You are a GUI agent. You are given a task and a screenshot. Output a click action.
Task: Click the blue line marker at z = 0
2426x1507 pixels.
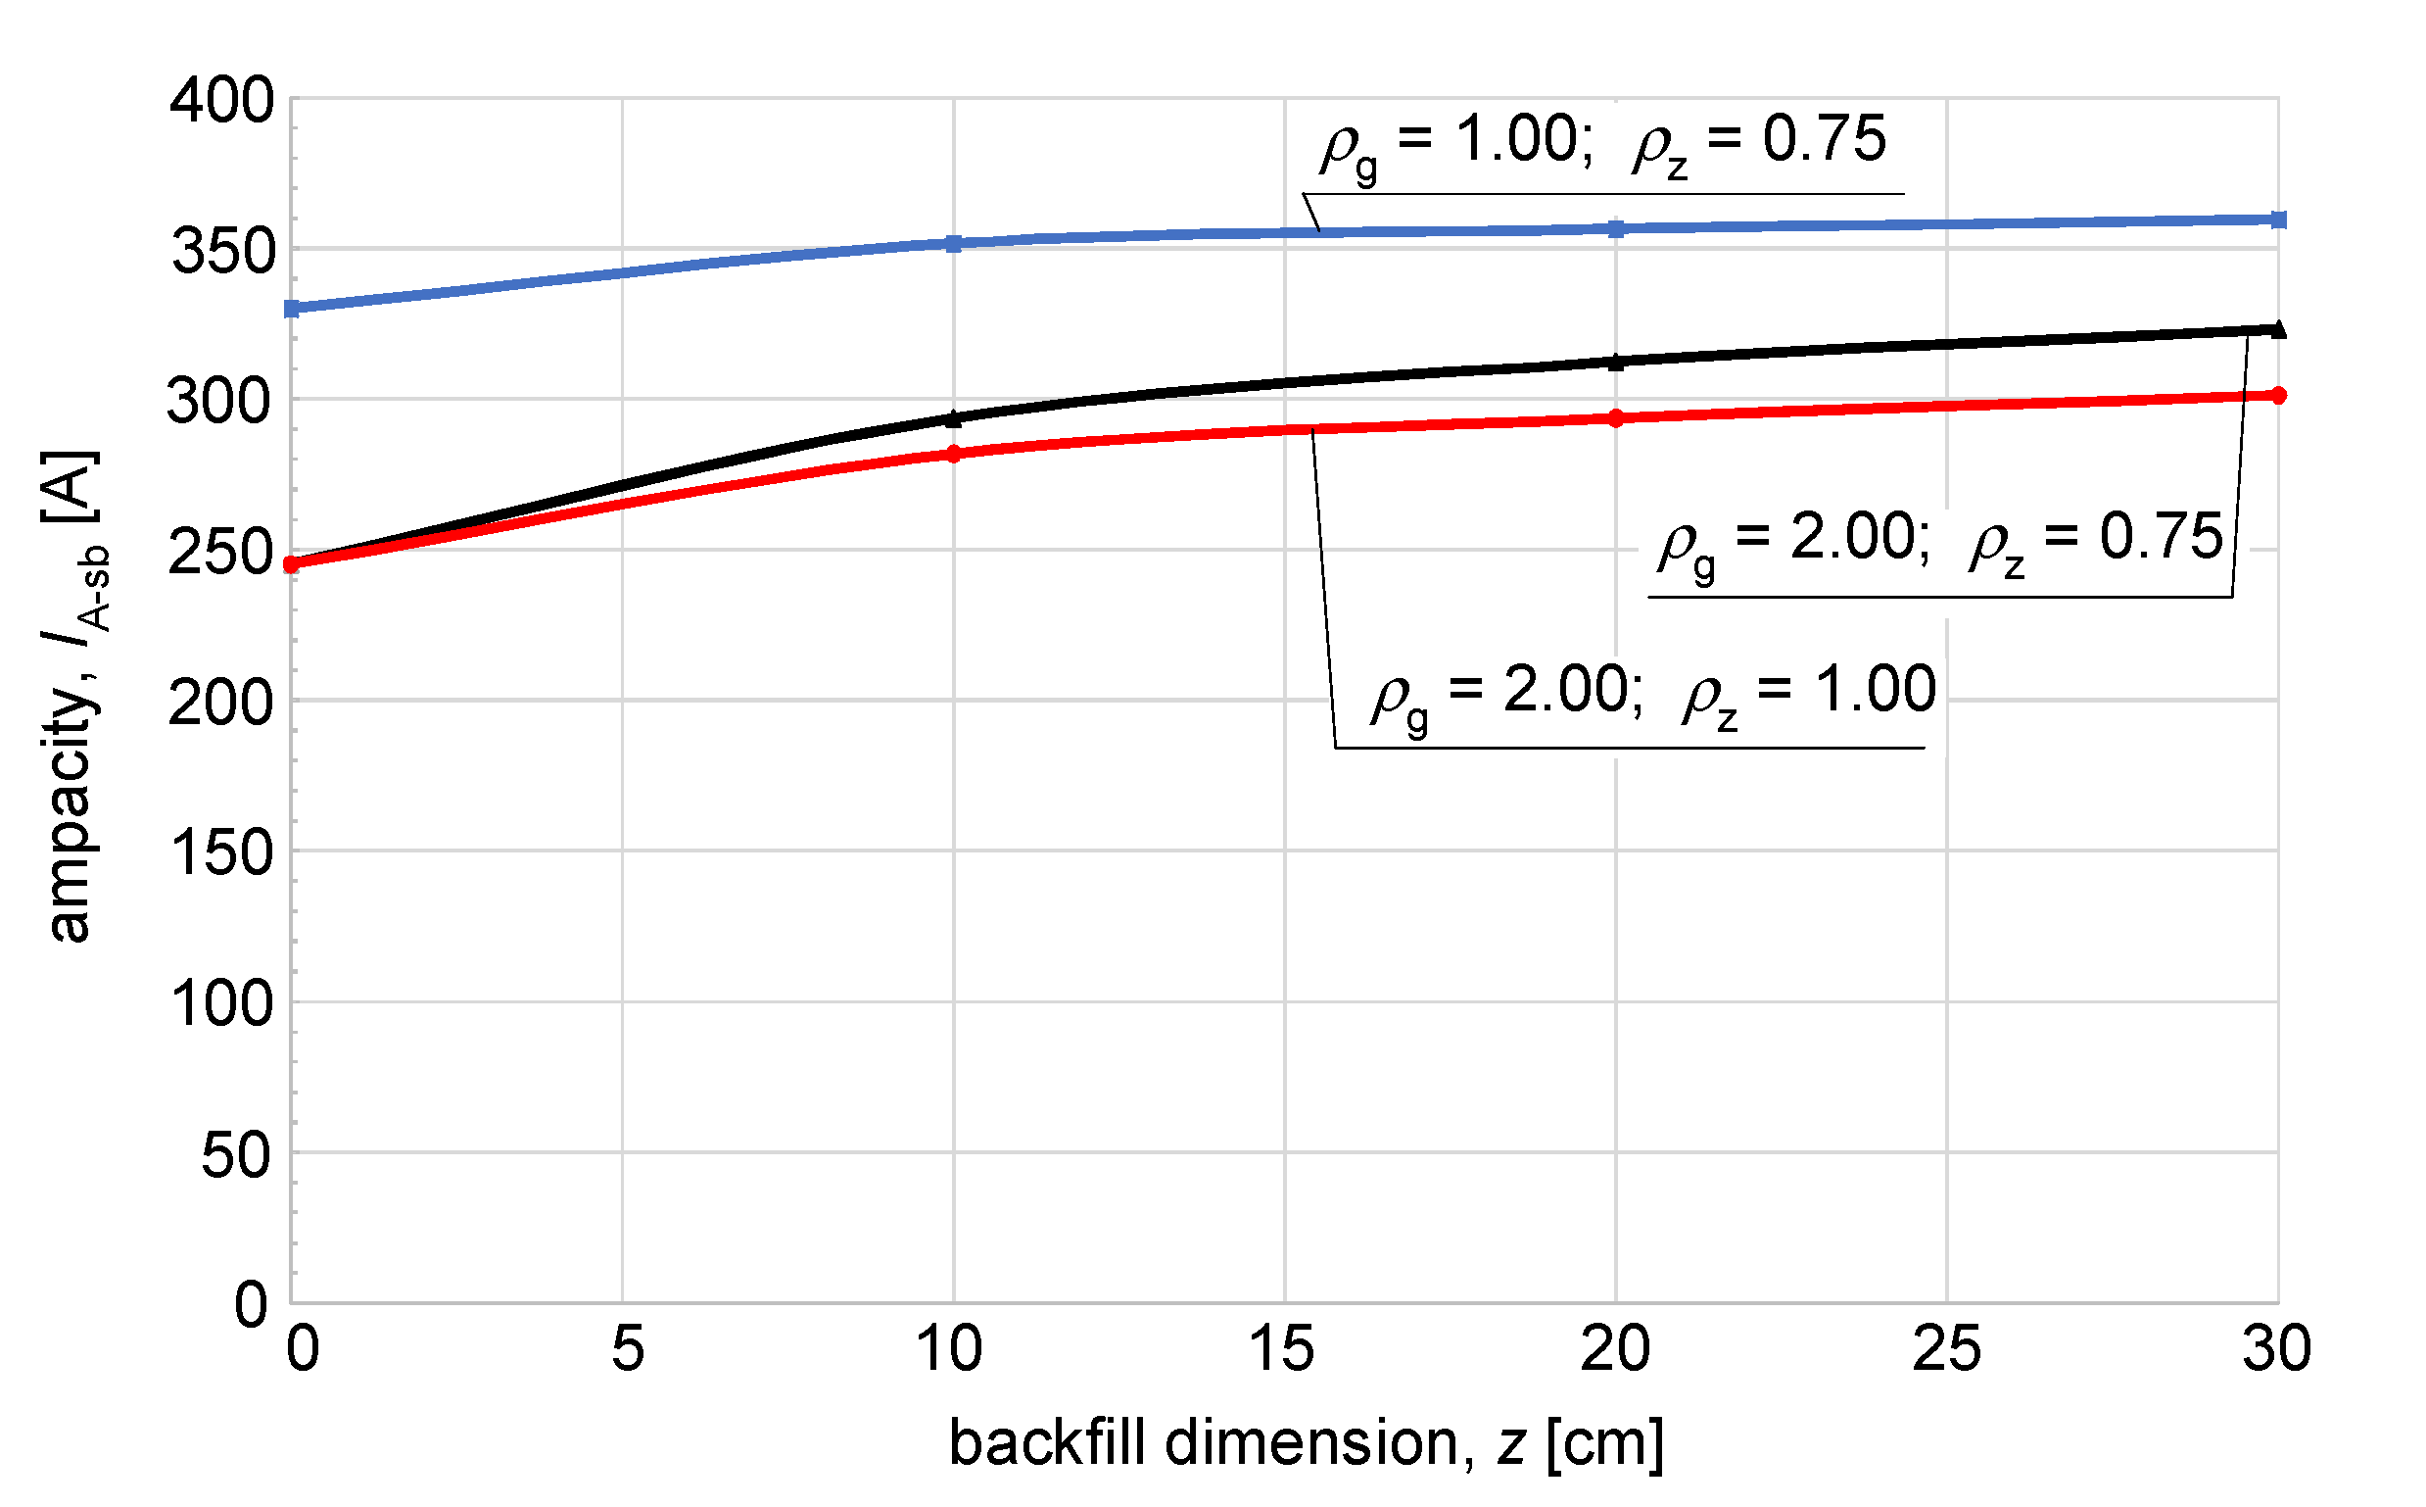[292, 309]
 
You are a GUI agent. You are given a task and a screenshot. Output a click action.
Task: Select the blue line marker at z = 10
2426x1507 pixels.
[954, 243]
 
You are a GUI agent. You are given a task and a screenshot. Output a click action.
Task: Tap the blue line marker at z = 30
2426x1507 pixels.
[2277, 219]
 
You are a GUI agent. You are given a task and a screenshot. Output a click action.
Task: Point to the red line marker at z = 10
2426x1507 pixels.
[954, 455]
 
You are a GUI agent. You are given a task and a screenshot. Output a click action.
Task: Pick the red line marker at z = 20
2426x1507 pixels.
[1616, 418]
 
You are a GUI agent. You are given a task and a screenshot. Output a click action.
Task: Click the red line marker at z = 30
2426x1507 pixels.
[2277, 396]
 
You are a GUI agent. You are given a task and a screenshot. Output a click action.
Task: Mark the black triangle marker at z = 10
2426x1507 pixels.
[954, 419]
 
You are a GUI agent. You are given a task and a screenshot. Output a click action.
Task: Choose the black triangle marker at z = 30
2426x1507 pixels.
[2277, 330]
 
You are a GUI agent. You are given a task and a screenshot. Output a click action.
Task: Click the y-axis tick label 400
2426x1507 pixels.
[221, 102]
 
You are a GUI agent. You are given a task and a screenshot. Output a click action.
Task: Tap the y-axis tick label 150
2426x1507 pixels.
[221, 854]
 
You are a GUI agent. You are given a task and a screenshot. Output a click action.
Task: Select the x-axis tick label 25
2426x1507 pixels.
[1947, 1349]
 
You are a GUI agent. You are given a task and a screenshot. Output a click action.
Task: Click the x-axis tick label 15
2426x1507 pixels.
[1282, 1349]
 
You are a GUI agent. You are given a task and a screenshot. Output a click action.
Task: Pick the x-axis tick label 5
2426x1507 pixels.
[628, 1349]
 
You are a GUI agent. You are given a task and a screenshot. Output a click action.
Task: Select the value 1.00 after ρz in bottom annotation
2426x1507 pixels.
[1874, 689]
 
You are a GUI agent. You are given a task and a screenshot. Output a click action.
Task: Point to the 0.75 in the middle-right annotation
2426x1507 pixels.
[2161, 536]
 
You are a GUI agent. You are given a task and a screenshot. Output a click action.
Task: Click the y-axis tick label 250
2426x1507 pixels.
[221, 554]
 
